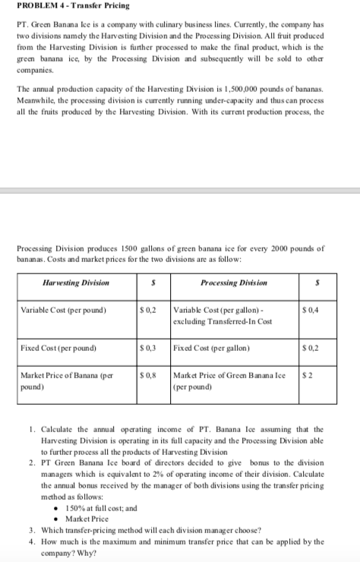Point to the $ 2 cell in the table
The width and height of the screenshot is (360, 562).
coord(327,374)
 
